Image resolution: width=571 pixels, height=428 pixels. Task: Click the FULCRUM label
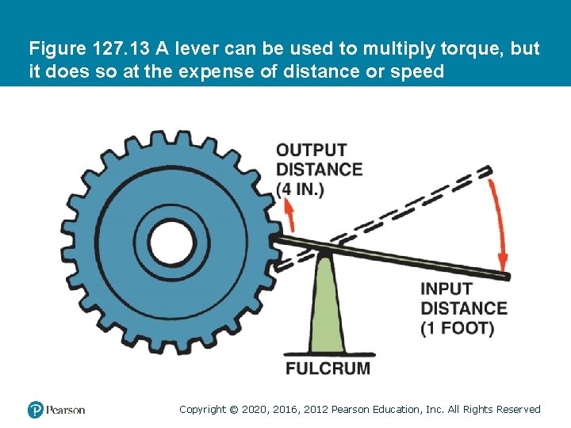[x=328, y=368]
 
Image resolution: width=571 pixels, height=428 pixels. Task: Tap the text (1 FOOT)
[x=457, y=327]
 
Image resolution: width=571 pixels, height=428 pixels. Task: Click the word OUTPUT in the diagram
[x=311, y=150]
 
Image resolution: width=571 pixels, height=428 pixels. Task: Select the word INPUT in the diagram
[x=446, y=289]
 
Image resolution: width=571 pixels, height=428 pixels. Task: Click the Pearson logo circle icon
[x=36, y=410]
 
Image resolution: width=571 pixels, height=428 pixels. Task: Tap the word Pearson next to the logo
[x=66, y=410]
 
